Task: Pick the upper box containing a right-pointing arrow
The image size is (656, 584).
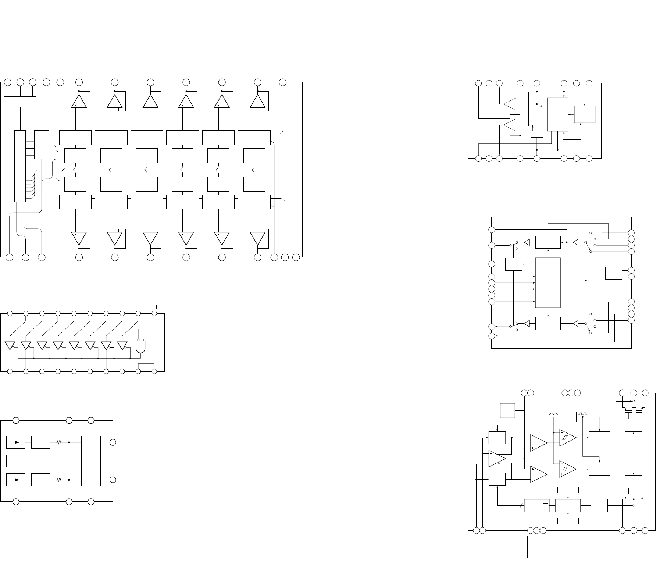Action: pos(16,443)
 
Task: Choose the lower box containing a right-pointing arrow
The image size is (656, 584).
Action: pos(16,480)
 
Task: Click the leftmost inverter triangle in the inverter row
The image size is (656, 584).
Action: pos(10,346)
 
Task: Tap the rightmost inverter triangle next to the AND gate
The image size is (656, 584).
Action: pos(122,346)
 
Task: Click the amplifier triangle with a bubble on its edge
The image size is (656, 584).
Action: pos(496,459)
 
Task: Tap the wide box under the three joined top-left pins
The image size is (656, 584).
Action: pos(20,102)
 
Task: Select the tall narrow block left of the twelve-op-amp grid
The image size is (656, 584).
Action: pos(20,166)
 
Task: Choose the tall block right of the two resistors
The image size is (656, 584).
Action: pos(91,461)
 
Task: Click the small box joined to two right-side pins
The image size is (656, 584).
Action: pos(613,274)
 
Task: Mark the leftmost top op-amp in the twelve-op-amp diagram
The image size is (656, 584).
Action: pos(79,101)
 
